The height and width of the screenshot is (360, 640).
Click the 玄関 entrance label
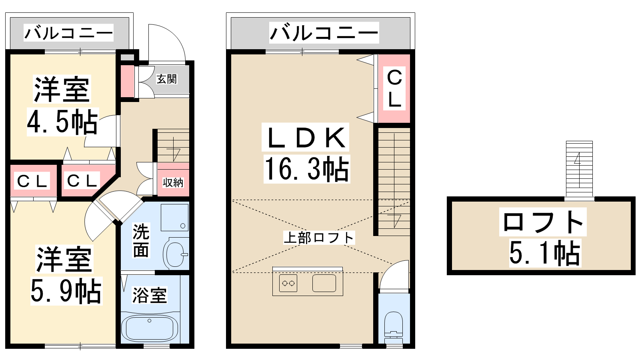(167, 79)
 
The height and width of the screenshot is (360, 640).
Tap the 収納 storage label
(173, 182)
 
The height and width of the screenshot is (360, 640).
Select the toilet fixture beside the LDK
(394, 327)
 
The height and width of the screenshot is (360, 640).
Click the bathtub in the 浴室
(150, 327)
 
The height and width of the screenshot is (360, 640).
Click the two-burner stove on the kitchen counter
(288, 283)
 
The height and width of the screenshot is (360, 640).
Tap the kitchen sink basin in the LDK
(324, 283)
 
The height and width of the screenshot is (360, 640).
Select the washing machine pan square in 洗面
(174, 218)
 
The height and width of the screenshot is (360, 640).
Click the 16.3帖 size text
(307, 169)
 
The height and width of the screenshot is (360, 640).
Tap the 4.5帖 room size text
(63, 122)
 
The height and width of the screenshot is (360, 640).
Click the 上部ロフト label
(319, 238)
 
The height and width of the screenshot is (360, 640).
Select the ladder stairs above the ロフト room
(579, 168)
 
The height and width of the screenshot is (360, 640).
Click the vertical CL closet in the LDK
(394, 88)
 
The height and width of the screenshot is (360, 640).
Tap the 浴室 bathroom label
(149, 295)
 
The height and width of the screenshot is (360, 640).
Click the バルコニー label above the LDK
(324, 33)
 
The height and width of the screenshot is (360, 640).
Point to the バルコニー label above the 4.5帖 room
(68, 33)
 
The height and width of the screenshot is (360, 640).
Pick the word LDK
(306, 138)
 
